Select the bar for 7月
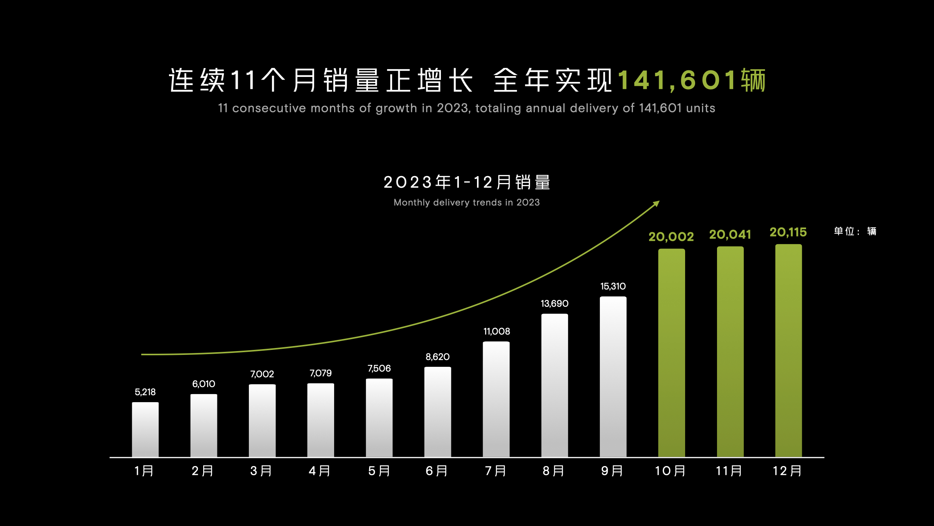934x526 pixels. (496, 399)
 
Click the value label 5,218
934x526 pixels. (145, 392)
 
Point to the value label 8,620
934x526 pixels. (437, 357)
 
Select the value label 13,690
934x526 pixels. (555, 304)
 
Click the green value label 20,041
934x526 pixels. (730, 235)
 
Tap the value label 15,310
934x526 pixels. (613, 286)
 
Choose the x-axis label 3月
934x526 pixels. (261, 471)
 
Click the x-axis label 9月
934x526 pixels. (612, 471)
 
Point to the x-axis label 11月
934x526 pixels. (729, 471)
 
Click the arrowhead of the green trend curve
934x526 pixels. (656, 203)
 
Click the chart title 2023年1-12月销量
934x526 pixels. (467, 182)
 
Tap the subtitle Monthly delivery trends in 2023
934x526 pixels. (467, 203)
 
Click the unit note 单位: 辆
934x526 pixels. (855, 231)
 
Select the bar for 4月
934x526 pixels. (321, 420)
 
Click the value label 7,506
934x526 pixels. (379, 368)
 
